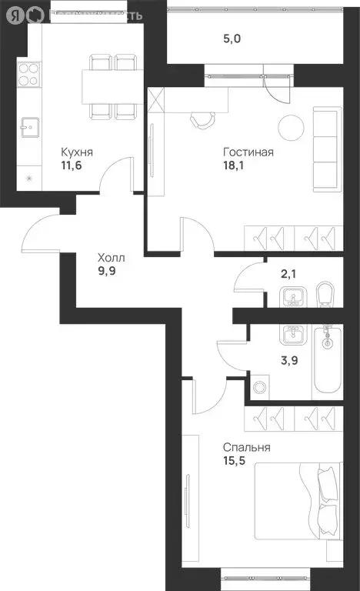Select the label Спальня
[247, 447]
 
